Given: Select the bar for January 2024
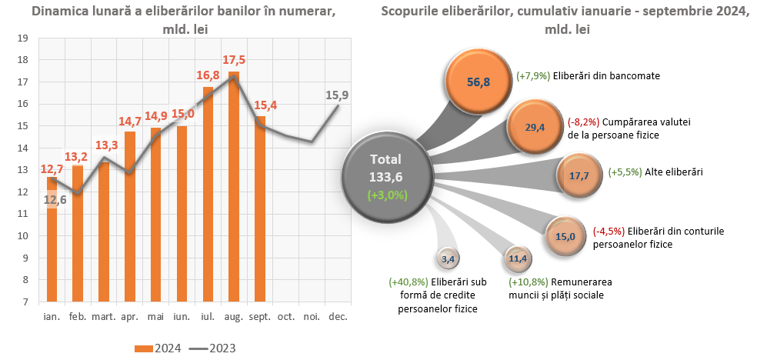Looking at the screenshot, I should [52, 239].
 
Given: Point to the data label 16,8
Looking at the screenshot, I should [208, 75].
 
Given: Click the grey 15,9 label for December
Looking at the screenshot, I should [337, 95].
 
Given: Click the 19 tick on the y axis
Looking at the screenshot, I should [22, 38].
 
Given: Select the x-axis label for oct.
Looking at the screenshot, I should [285, 316].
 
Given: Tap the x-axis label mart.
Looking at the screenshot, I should [104, 316].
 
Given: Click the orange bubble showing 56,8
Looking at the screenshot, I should [479, 80].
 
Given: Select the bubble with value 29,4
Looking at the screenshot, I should [535, 128].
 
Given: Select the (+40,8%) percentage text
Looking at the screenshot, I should [409, 282].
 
